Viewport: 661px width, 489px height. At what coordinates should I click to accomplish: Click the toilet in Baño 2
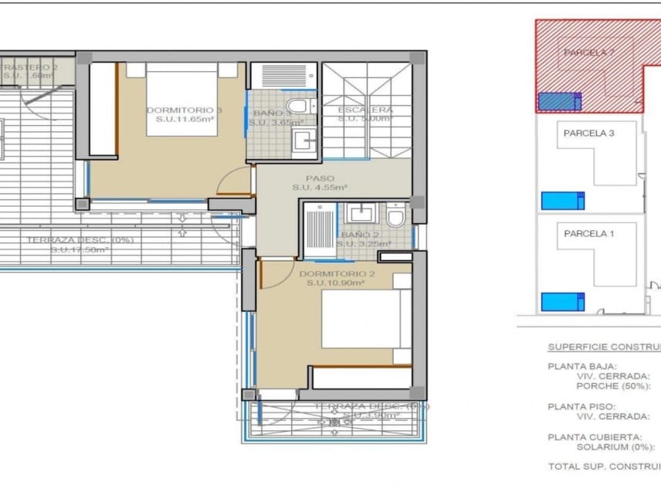coord(396,216)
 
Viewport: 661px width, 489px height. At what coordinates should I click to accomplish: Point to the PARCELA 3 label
coord(588,133)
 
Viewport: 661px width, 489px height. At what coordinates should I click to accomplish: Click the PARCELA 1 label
coord(588,233)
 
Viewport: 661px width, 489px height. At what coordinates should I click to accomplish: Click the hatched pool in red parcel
coord(558,101)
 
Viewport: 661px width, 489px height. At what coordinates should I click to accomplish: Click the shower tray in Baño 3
coord(283,76)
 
